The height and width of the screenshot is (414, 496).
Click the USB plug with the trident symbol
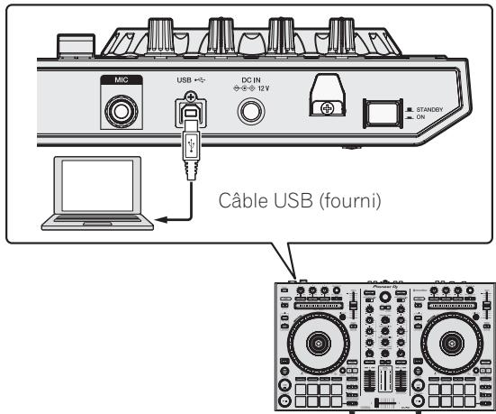click(191, 154)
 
